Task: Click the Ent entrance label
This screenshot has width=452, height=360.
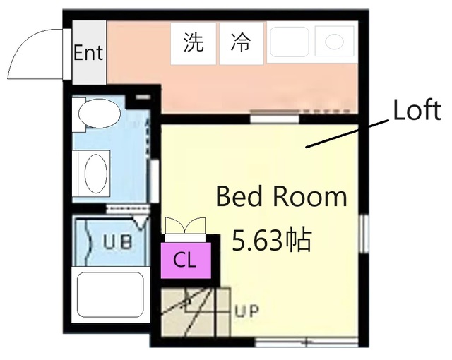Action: click(88, 53)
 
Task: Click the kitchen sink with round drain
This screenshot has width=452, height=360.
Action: click(333, 42)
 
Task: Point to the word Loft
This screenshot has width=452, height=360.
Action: click(417, 111)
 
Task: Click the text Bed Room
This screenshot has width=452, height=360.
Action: click(281, 196)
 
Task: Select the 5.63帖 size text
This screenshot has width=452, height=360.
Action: click(272, 241)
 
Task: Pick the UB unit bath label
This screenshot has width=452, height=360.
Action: click(117, 242)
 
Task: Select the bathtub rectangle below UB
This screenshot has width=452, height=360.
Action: click(110, 295)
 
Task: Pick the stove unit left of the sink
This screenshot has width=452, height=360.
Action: click(290, 42)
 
